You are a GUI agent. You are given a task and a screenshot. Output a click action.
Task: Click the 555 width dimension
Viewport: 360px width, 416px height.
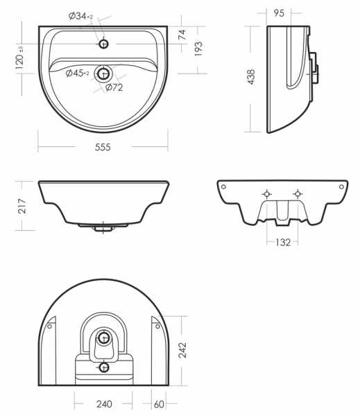click(x=103, y=147)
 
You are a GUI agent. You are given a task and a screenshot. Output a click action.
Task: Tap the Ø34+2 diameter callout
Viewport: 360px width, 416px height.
click(x=80, y=16)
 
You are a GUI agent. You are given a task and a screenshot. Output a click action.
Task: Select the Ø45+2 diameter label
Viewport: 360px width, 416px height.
click(x=77, y=73)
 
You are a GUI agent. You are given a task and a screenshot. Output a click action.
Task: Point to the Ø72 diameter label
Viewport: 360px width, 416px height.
click(x=114, y=87)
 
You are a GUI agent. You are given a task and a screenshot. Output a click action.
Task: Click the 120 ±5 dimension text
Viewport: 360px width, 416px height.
click(x=20, y=58)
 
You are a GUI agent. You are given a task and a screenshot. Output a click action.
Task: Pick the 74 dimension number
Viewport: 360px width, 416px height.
click(x=182, y=35)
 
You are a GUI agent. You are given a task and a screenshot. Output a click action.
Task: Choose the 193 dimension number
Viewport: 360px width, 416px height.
click(x=198, y=49)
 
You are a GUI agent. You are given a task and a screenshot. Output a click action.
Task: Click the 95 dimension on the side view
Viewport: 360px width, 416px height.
click(x=279, y=13)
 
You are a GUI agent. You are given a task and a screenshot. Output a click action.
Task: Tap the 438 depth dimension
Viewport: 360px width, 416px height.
click(x=251, y=77)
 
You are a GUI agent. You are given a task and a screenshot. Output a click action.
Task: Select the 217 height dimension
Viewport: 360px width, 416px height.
click(x=22, y=206)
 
